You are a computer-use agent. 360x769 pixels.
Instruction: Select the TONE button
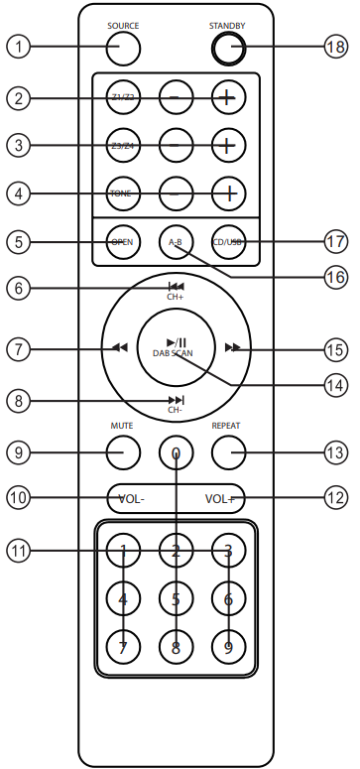click(123, 193)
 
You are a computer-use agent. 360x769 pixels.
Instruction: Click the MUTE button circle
click(123, 453)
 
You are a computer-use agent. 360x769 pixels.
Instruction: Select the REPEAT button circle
click(227, 453)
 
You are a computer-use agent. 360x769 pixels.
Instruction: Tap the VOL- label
click(130, 498)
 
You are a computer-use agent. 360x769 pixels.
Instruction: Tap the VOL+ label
click(220, 498)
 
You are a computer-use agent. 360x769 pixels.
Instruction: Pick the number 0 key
click(176, 453)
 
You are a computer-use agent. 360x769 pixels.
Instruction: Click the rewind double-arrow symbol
click(120, 348)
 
